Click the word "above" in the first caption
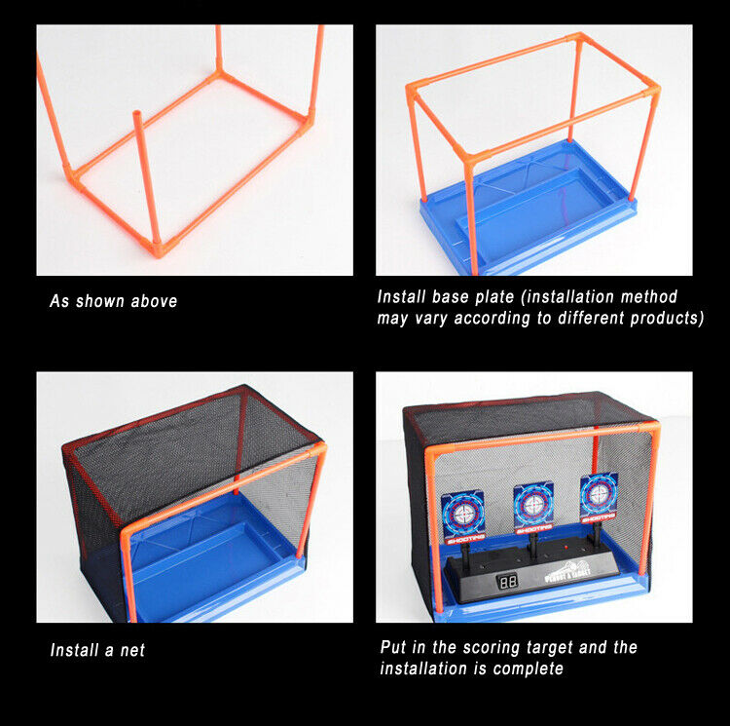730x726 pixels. (x=154, y=301)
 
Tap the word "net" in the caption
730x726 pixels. (x=132, y=650)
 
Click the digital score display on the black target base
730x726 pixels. (x=507, y=581)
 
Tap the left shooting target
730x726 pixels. (x=462, y=517)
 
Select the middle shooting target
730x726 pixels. (x=533, y=508)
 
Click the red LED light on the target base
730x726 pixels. (x=566, y=546)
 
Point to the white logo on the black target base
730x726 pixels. (x=567, y=571)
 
